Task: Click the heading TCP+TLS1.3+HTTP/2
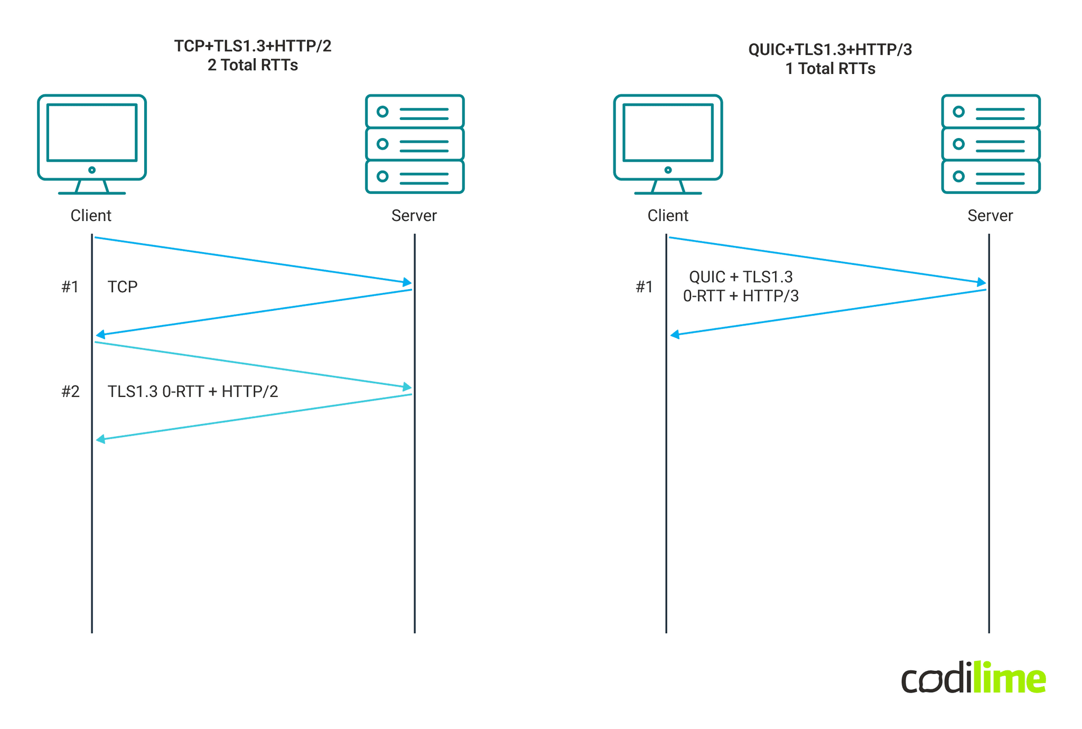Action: pos(253,47)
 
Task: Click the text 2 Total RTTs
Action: pos(253,66)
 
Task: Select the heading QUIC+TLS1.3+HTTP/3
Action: pos(830,50)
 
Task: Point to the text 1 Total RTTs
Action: pos(830,69)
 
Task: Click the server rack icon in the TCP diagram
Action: pos(415,144)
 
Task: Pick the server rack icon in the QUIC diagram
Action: pos(991,144)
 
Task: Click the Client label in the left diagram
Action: pos(91,216)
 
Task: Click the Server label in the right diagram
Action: pos(990,216)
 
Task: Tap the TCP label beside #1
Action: pos(123,287)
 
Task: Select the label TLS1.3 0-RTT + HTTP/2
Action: pos(193,392)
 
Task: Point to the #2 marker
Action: pos(70,392)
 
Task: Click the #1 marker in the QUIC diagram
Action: pos(644,287)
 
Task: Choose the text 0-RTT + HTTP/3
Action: pos(741,296)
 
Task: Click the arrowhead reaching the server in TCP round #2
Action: pos(407,387)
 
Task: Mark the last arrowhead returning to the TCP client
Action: pos(100,439)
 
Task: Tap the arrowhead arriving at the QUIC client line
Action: pos(675,335)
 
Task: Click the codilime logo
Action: pos(973,678)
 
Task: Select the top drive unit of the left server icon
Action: pos(415,112)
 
